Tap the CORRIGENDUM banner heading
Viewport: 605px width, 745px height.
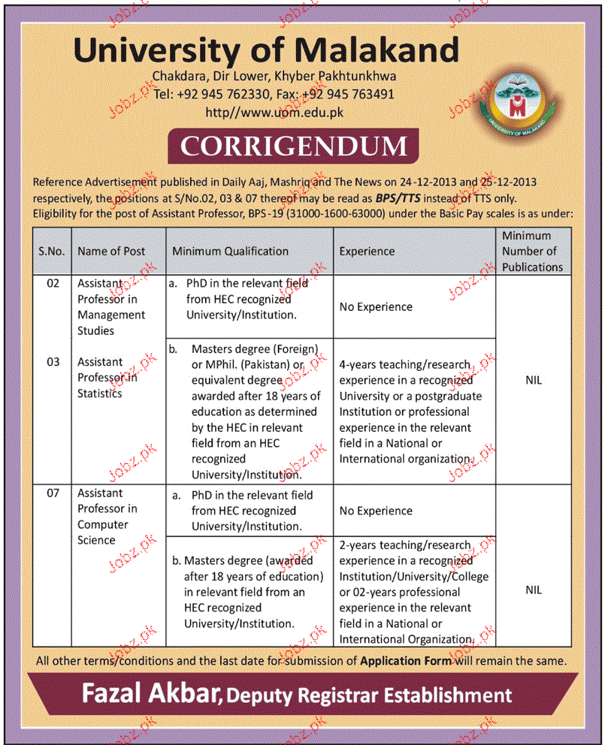pos(293,146)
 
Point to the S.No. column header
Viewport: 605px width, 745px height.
pos(52,252)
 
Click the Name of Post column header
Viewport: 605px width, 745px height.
pos(111,252)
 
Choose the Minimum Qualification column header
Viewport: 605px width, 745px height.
pos(230,252)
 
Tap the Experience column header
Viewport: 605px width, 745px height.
pos(366,252)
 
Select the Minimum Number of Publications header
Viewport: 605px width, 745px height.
pos(532,252)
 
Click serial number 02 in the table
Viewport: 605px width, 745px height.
pos(52,284)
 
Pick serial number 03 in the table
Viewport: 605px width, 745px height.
pos(52,362)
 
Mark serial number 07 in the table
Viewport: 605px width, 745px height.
pos(52,493)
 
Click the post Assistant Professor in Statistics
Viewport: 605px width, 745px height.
pos(108,378)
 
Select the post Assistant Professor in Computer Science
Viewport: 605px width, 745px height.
pos(107,517)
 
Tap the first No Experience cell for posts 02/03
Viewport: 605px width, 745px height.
pos(376,306)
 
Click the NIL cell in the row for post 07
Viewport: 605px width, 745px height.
pos(533,590)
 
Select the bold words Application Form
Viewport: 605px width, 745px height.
pos(406,661)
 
